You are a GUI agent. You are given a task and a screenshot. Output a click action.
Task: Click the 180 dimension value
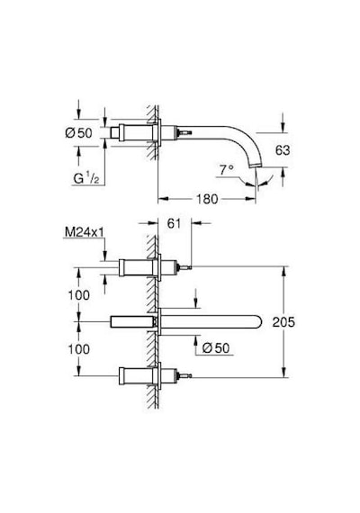207,199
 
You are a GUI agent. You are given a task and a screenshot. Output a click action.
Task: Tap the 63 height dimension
283,150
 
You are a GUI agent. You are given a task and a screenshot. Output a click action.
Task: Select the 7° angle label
227,170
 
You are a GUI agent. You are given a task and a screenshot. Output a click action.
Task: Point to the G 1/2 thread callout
86,178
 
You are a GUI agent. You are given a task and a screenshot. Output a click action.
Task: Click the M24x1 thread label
85,232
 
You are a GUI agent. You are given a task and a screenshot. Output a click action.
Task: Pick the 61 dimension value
174,223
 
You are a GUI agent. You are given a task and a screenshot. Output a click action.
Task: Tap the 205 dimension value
283,322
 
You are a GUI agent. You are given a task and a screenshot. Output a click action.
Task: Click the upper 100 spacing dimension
78,295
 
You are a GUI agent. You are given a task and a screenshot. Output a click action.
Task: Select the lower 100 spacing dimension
78,349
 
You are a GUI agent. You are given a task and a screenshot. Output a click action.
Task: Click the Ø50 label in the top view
78,133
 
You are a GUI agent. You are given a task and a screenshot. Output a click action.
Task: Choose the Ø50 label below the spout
216,347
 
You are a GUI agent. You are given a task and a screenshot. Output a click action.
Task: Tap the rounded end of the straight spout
258,321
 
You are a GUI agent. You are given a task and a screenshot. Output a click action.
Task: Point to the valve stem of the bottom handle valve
184,376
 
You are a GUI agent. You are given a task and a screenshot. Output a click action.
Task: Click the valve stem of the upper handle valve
184,267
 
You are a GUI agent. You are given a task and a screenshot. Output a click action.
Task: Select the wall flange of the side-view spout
159,133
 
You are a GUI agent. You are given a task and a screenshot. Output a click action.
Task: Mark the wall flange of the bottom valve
159,376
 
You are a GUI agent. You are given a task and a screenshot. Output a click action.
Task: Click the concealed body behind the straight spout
132,321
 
